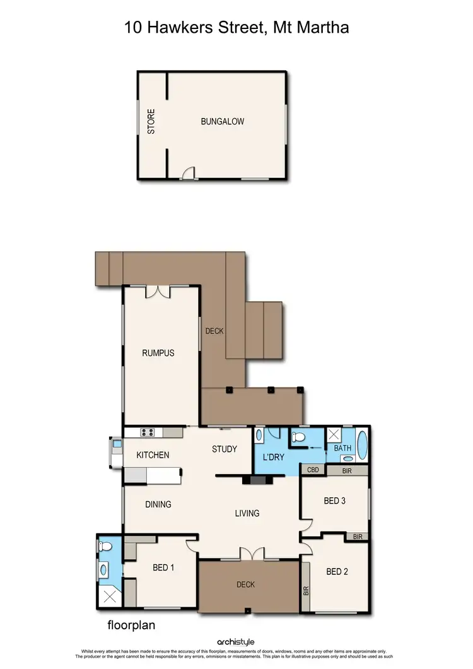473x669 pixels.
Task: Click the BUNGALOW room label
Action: [222, 121]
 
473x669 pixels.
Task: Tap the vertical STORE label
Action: [151, 122]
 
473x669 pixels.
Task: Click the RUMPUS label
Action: [158, 353]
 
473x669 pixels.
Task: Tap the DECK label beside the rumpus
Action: [214, 331]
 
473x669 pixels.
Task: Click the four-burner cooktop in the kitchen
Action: [148, 432]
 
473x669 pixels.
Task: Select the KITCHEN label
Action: [153, 455]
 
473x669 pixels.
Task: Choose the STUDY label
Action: [224, 449]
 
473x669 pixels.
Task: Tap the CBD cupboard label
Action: [312, 470]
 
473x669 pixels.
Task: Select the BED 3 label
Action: [334, 501]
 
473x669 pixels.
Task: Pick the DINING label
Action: [158, 504]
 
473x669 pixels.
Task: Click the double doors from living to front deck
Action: [251, 554]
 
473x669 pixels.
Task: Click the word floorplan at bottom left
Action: [131, 626]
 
